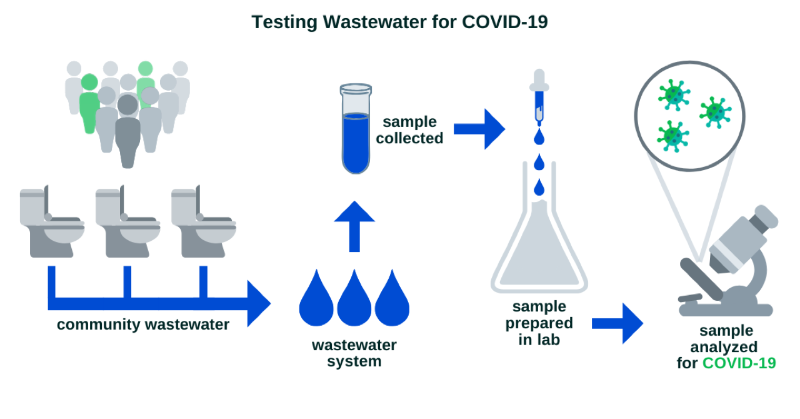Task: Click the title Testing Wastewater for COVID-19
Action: tap(399, 22)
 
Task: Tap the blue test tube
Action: tap(356, 129)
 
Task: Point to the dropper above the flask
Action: tap(539, 97)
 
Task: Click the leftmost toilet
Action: tap(52, 221)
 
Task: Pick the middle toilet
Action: tap(128, 221)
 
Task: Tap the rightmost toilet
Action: tap(204, 221)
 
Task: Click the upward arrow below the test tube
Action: tap(354, 226)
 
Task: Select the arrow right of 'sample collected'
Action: tap(479, 129)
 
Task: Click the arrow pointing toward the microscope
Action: tap(617, 323)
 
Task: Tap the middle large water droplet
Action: tap(354, 298)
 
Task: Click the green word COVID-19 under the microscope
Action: tap(739, 363)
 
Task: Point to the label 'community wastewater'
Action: tap(143, 325)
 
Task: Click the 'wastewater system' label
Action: tap(354, 353)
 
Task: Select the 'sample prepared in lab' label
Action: tap(539, 323)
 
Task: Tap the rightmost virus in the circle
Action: tap(716, 113)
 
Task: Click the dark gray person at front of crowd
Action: tap(128, 131)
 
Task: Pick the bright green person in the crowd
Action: tap(89, 104)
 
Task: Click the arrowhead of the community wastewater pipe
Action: tap(259, 303)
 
